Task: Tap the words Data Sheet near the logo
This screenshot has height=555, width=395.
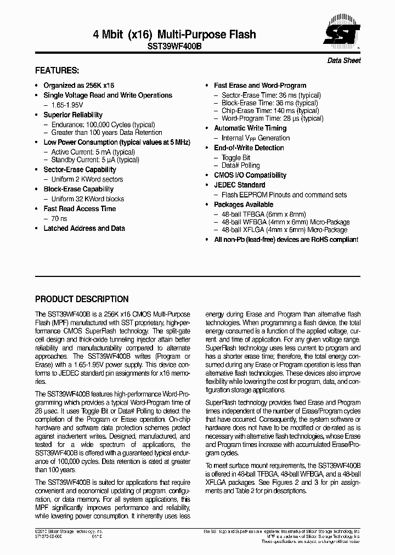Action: click(344, 60)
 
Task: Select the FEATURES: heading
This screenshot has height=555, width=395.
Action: click(57, 71)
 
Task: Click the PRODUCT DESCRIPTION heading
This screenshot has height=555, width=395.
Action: click(82, 299)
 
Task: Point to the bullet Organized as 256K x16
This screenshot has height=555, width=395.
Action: click(78, 86)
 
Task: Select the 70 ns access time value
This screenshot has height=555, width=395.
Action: click(59, 218)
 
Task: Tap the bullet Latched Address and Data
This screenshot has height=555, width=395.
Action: click(84, 228)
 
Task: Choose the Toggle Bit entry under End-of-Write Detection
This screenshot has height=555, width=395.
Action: click(236, 157)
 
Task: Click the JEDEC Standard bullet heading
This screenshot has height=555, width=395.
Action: click(239, 185)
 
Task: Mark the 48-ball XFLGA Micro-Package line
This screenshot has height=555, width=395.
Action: click(284, 230)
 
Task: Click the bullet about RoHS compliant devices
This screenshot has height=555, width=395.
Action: click(285, 240)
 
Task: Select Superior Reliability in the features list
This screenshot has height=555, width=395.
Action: click(73, 115)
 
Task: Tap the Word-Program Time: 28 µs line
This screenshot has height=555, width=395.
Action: click(272, 118)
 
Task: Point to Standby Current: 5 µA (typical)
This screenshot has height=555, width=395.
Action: click(95, 160)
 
